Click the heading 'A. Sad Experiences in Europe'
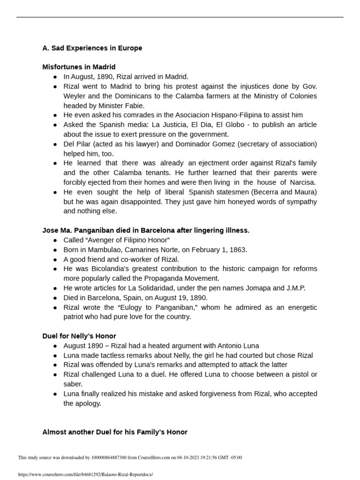coord(92,48)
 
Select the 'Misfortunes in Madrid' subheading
coord(79,67)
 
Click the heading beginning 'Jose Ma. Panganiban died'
coord(146,230)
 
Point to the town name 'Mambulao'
coord(99,249)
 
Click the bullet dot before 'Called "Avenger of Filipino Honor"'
coord(55,240)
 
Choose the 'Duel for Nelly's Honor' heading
coord(79,336)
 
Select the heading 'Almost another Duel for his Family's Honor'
coord(115,432)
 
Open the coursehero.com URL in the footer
coord(85,474)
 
